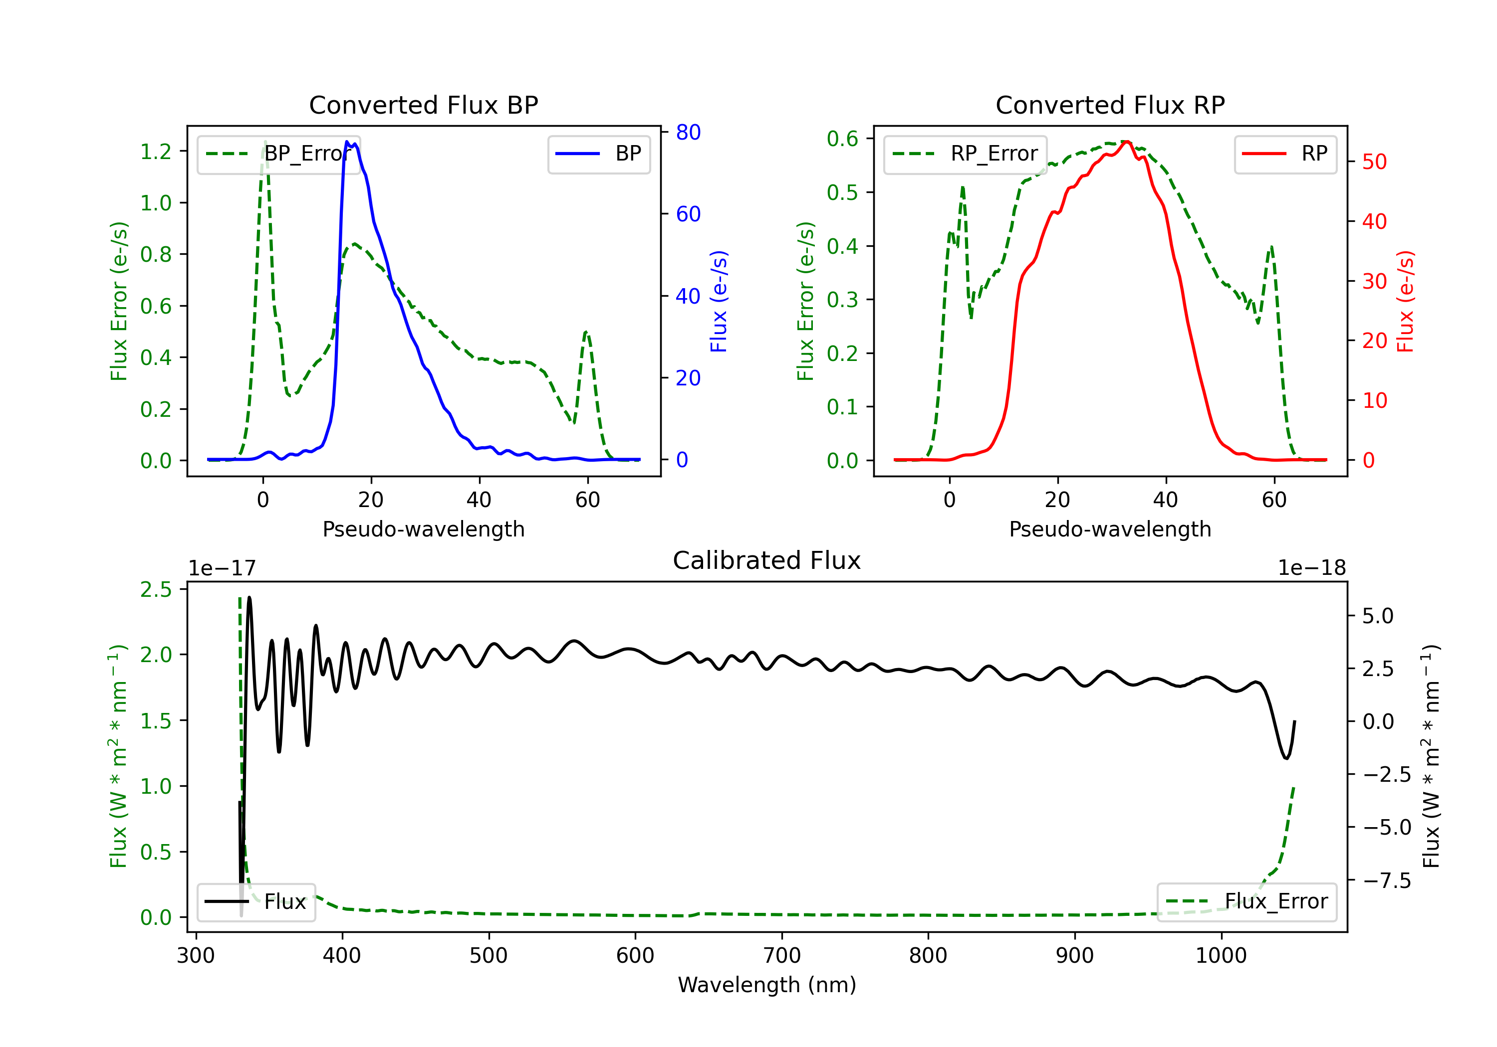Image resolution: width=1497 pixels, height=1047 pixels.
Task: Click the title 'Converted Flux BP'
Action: tap(423, 105)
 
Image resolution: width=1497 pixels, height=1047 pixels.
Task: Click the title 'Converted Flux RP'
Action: tap(1110, 105)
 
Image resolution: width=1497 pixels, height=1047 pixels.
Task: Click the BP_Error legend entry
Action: tap(278, 154)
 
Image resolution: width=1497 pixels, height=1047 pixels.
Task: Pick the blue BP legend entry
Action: tap(598, 154)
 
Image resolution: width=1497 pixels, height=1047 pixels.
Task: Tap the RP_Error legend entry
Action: tap(965, 154)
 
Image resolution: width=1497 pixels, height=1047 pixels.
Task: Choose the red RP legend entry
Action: tap(1284, 154)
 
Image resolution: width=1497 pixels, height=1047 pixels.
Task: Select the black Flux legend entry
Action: tap(255, 902)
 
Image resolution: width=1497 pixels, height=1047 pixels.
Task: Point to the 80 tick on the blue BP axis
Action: tap(688, 132)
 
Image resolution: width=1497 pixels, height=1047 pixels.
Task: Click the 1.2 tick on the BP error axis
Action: tap(156, 152)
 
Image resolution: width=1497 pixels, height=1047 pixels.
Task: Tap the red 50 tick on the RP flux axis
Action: tap(1374, 162)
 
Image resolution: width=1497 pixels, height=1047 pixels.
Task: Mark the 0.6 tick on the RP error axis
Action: tap(842, 139)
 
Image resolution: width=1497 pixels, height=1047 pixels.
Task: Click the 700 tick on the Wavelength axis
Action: tap(782, 956)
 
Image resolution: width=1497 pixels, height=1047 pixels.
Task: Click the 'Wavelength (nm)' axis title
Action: tap(767, 985)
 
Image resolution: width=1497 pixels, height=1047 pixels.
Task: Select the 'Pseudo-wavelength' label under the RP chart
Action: tap(1110, 529)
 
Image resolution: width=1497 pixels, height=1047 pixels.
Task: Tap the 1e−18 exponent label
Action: tap(1312, 568)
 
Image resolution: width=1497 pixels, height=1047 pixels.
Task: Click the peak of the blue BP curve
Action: tap(347, 142)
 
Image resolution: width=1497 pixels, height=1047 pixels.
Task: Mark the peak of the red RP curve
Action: tap(1127, 142)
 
